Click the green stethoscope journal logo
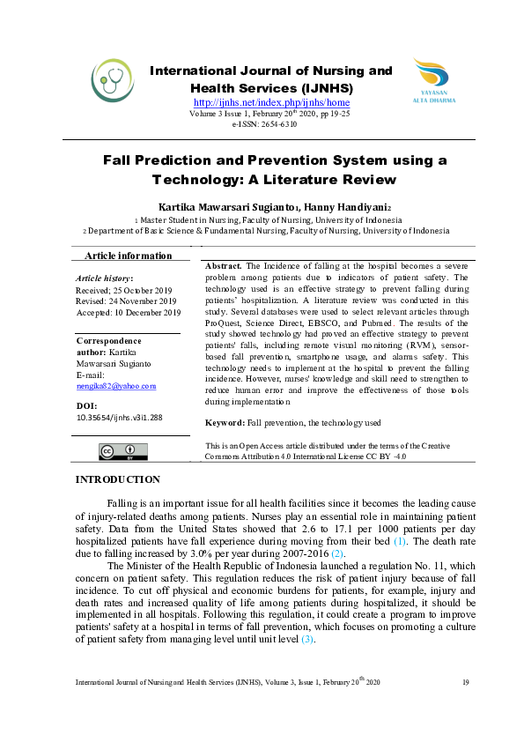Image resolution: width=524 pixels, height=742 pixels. (x=113, y=81)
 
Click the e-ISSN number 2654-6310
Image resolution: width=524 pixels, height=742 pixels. (x=277, y=125)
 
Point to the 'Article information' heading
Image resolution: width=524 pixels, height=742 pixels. (x=129, y=256)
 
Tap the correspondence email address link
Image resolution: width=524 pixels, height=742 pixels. (x=116, y=385)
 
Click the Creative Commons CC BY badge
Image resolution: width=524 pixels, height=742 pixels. (x=122, y=452)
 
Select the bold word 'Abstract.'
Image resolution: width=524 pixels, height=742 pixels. (x=224, y=265)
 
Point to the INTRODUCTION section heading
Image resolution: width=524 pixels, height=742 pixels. (x=118, y=479)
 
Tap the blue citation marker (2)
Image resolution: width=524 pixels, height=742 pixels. (x=337, y=553)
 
